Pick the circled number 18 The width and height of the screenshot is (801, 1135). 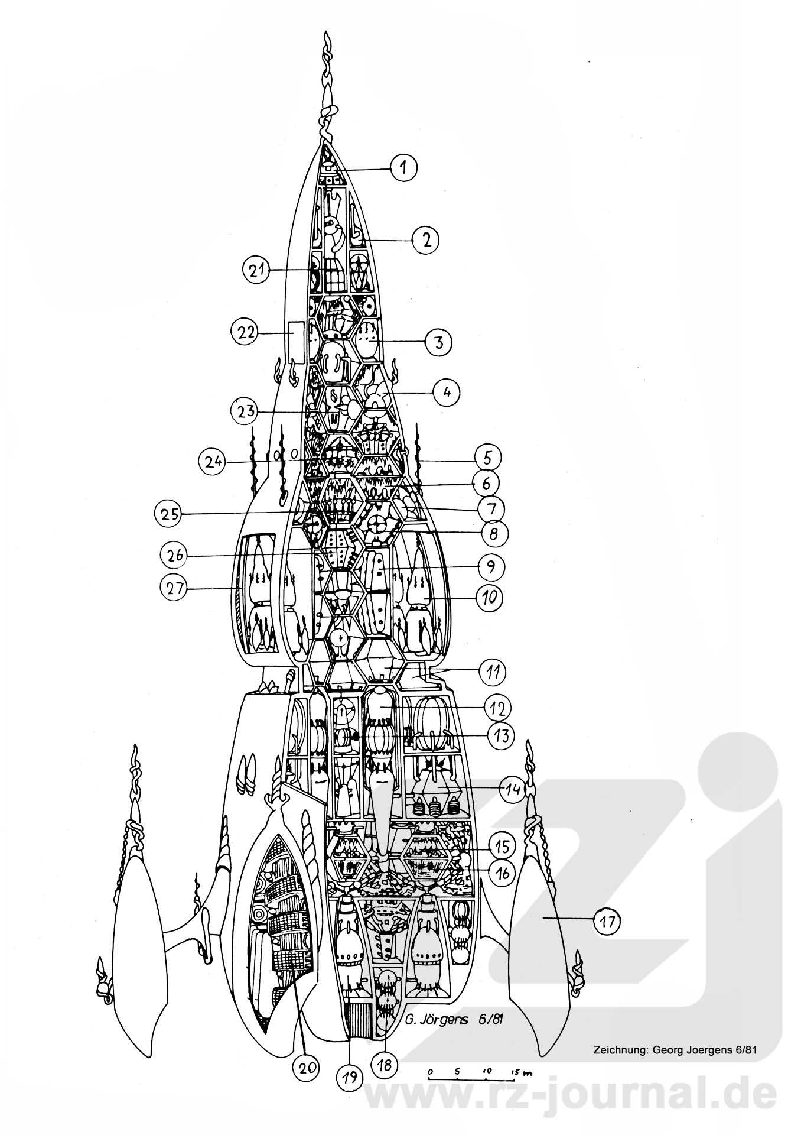coord(385,1065)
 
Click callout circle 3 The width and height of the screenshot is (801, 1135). coord(437,342)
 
